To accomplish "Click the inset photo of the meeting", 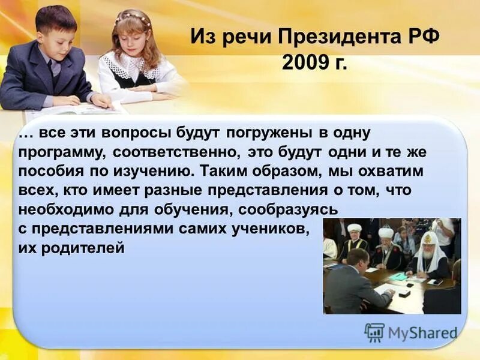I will [392, 266].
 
